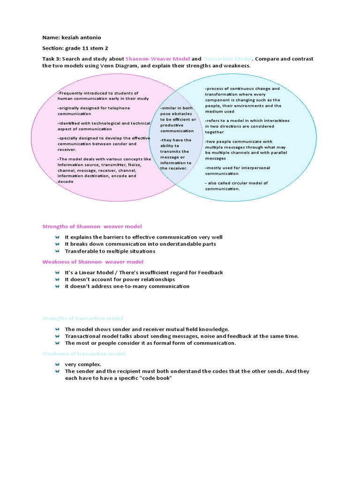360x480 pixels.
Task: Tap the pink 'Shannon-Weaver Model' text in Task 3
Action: tap(157, 59)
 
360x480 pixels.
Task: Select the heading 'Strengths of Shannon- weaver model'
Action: tap(92, 226)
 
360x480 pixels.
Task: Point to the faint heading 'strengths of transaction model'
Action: tap(82, 318)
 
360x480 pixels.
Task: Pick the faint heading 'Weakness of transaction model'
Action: tap(84, 353)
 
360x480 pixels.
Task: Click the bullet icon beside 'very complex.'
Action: tap(56, 364)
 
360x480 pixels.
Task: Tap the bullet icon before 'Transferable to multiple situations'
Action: tap(56, 251)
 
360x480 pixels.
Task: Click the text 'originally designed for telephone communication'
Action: tap(94, 111)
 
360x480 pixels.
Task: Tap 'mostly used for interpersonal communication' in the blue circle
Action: tap(237, 171)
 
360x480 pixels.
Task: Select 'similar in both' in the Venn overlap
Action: tap(177, 108)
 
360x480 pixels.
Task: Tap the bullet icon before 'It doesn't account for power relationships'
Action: tap(56, 279)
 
